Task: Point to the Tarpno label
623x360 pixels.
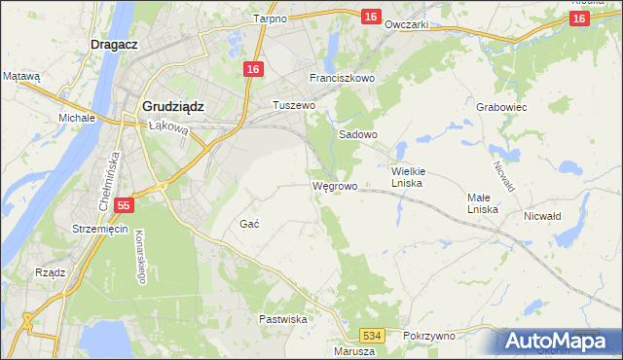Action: coord(269,18)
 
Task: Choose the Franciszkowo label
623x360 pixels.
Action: coord(342,78)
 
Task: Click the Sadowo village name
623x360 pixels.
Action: coord(357,135)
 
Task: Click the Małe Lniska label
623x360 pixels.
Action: coord(482,202)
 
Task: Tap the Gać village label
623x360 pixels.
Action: coord(248,224)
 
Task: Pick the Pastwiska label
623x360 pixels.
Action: coord(283,319)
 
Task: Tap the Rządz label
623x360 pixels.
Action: coord(50,272)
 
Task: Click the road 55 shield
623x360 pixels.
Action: coord(122,205)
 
